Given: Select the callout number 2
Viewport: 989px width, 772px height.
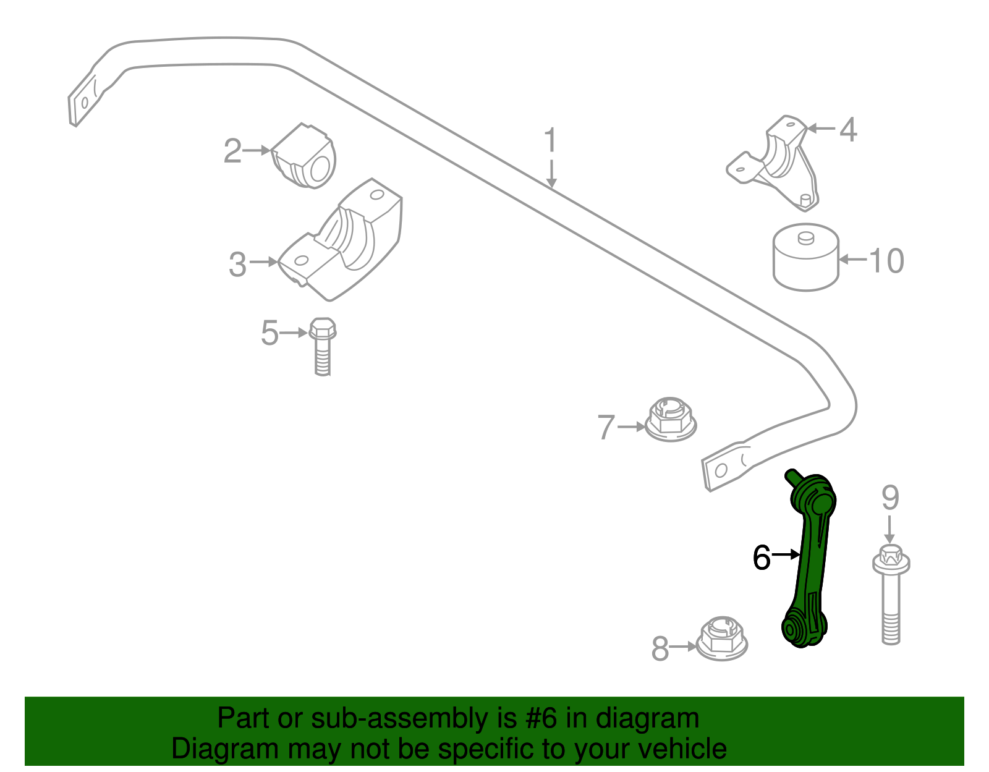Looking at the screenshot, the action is click(x=232, y=151).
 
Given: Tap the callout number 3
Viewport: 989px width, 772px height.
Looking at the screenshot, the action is click(x=237, y=265).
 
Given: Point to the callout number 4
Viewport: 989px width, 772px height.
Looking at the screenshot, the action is click(x=848, y=130).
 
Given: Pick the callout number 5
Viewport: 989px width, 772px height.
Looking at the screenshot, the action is click(x=270, y=333).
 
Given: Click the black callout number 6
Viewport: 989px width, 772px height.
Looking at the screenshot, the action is click(x=762, y=558).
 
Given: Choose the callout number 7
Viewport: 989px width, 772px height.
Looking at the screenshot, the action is click(x=606, y=427).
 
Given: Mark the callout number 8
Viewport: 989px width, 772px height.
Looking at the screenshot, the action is click(x=660, y=648).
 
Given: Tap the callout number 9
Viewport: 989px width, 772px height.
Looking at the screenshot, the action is click(x=890, y=498).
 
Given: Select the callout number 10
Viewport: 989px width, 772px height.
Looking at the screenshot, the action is click(x=886, y=261).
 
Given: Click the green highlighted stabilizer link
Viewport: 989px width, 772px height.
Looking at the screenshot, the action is click(x=809, y=559).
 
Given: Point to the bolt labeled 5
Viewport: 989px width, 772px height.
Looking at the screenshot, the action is click(x=323, y=347).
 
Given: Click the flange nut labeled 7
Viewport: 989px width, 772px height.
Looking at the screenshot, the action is click(x=671, y=420).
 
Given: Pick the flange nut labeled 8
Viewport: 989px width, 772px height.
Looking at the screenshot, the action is click(x=722, y=638).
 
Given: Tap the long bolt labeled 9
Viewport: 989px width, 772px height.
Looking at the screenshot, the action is click(x=891, y=594).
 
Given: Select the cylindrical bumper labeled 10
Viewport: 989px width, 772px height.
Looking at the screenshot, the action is click(x=805, y=257).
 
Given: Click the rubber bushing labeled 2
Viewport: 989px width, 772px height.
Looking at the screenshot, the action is click(x=303, y=156).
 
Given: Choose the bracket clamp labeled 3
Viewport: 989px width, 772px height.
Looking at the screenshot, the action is click(x=340, y=240).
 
